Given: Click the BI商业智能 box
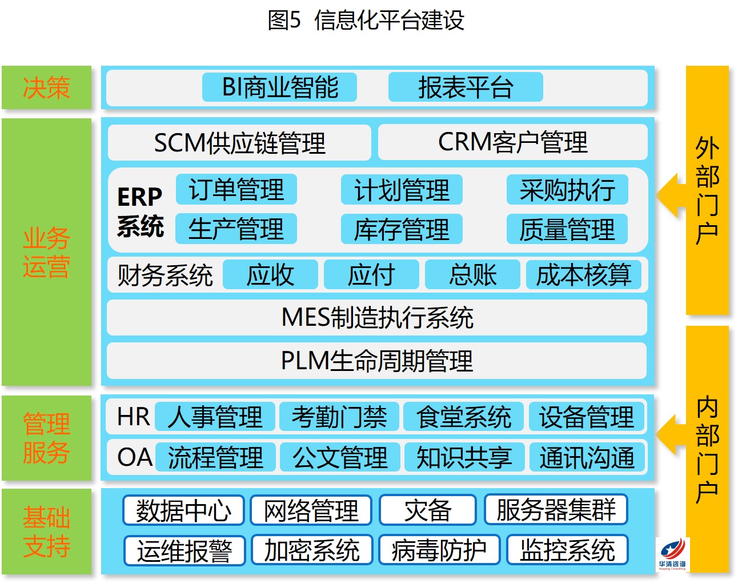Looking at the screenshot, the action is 279,87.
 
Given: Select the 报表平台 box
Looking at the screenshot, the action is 466,87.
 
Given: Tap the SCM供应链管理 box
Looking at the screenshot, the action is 239,142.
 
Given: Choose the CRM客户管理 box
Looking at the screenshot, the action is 512,142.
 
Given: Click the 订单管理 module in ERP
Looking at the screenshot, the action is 236,190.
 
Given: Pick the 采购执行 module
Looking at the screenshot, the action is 567,190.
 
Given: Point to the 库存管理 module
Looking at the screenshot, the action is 402,229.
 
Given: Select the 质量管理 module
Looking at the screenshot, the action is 567,229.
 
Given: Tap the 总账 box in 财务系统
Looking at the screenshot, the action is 472,274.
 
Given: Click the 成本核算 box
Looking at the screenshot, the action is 584,274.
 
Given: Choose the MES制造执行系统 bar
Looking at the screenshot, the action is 376,317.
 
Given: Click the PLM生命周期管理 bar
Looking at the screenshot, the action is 376,361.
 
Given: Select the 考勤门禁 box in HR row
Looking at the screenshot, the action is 339,416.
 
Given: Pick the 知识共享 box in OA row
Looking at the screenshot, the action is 464,457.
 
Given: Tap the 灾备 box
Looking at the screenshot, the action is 427,510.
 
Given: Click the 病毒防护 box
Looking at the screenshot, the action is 439,550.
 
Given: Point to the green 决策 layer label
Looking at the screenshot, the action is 46,87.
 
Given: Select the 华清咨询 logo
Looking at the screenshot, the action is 672,554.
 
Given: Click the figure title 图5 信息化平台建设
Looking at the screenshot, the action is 366,20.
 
